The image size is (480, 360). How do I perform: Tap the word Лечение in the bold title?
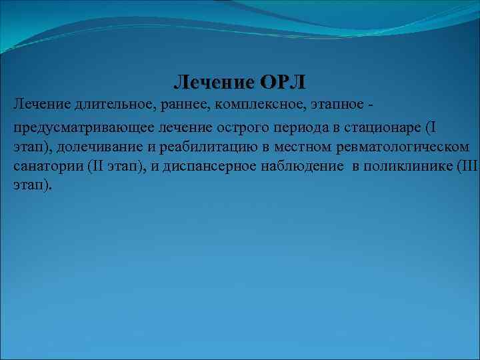tap(214, 83)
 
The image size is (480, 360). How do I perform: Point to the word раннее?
tap(176, 105)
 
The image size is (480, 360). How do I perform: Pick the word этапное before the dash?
tap(333, 105)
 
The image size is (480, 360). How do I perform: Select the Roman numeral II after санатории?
tap(97, 166)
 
